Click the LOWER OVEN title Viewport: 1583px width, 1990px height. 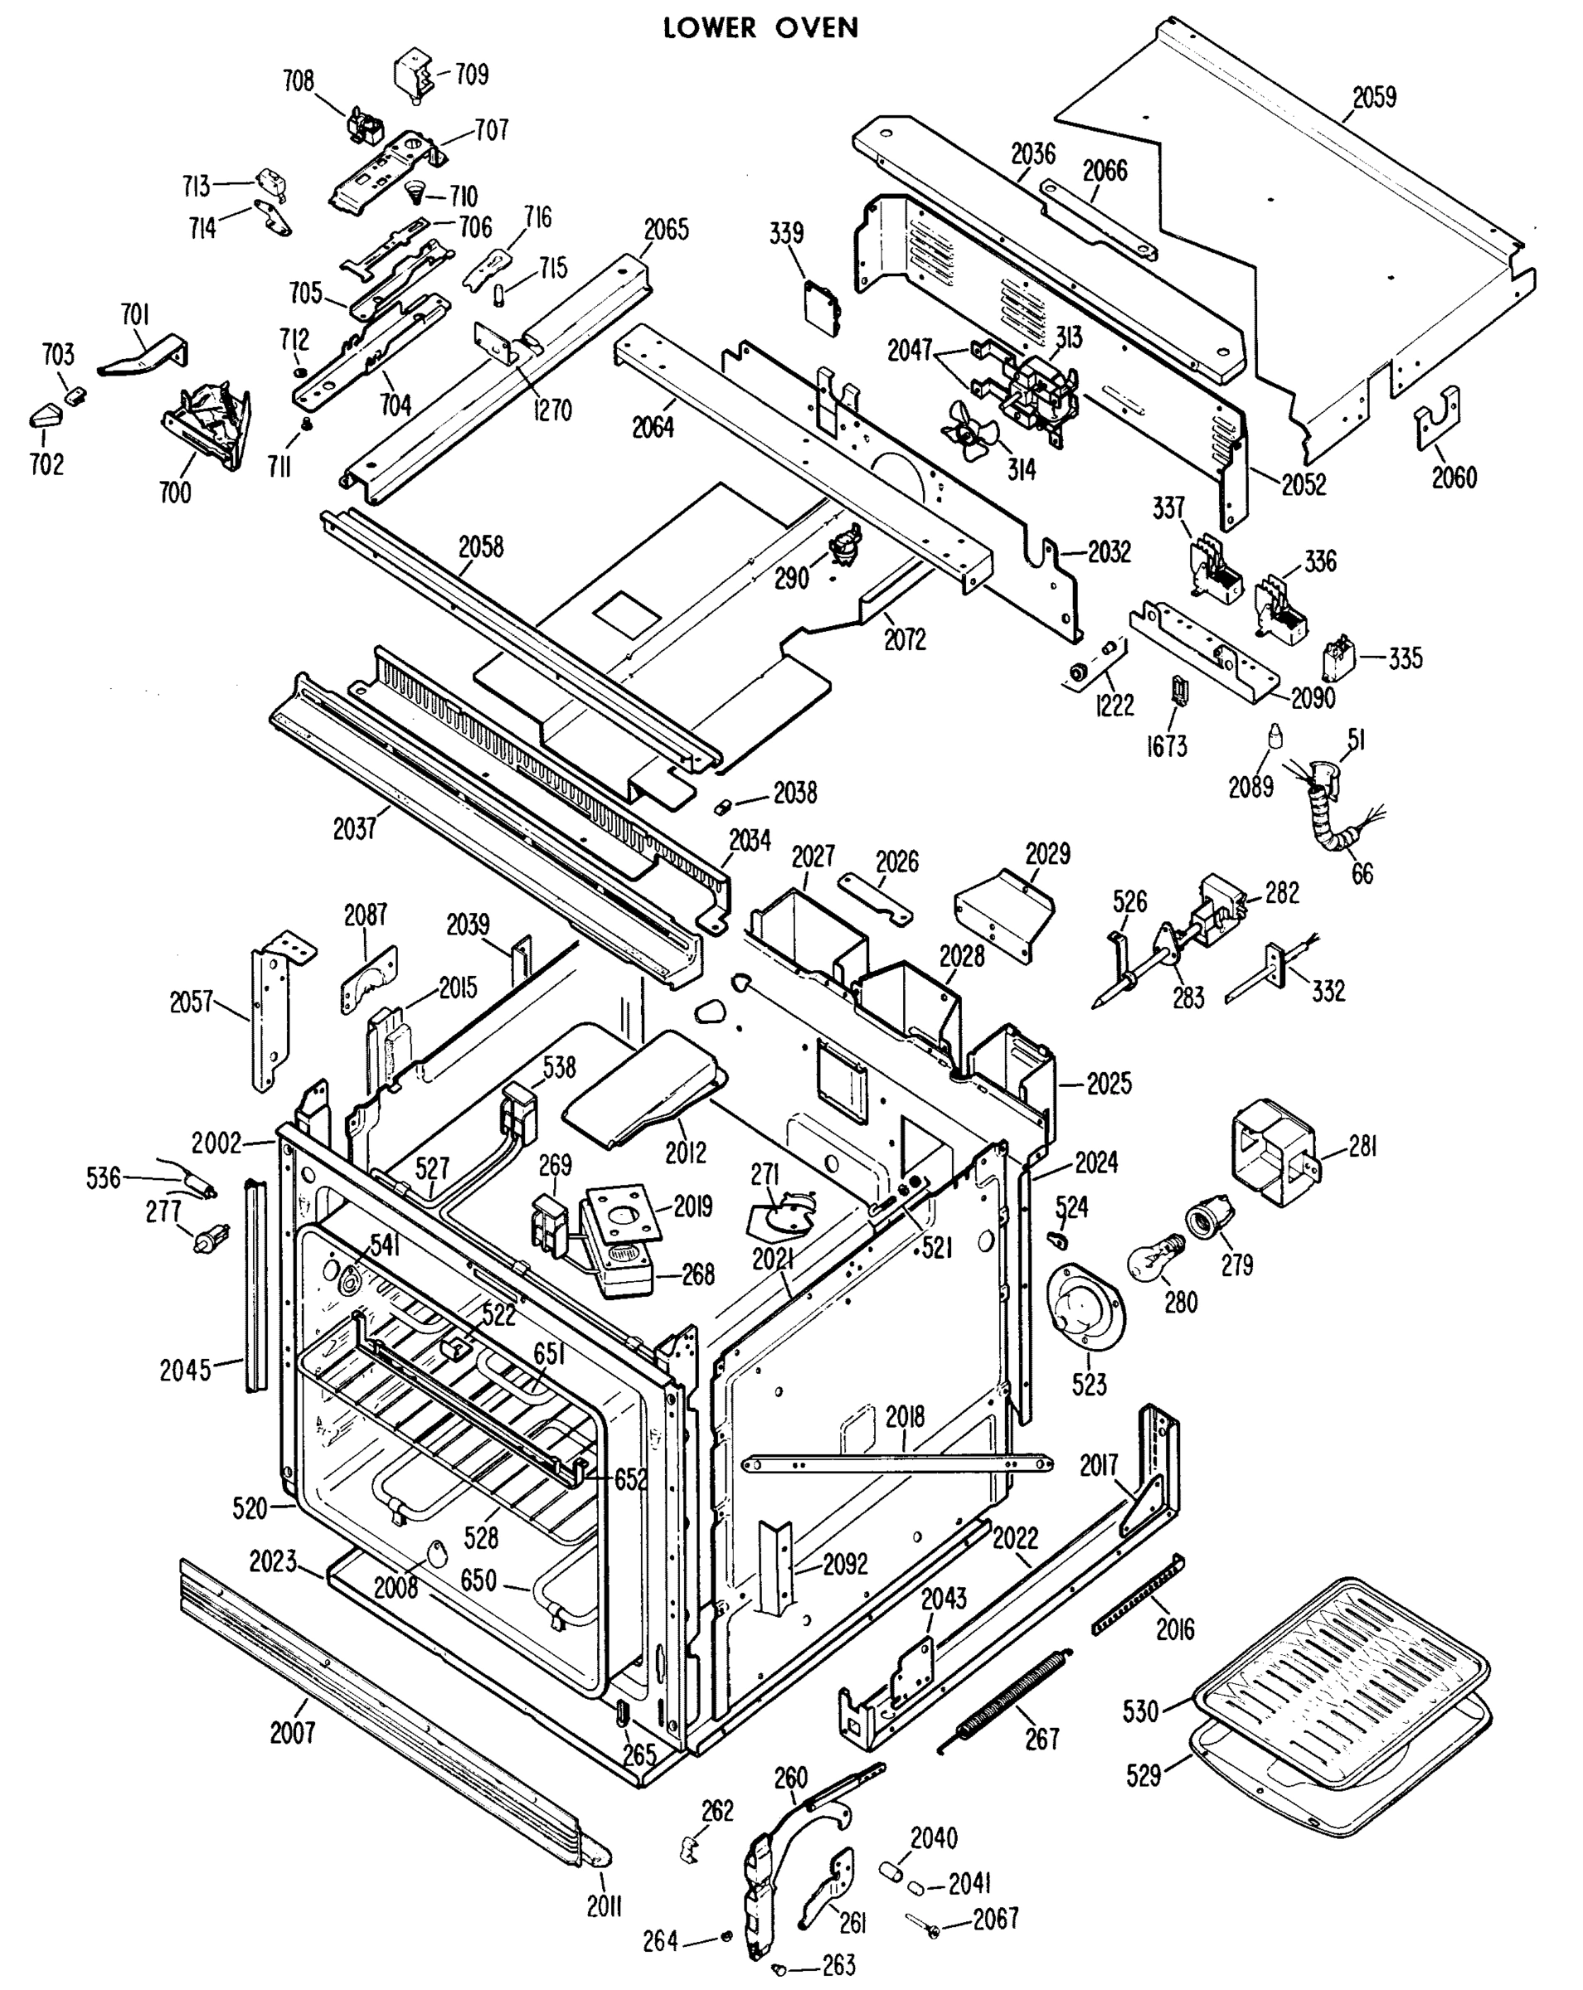tap(760, 29)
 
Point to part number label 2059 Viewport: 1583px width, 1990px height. tap(1374, 97)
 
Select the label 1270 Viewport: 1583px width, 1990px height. tap(551, 410)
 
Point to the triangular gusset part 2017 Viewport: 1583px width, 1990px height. tap(1143, 1503)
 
